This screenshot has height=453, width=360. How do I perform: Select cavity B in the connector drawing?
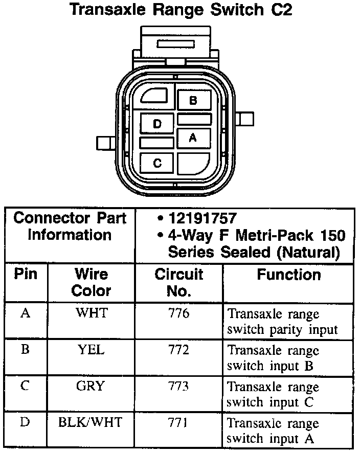[193, 100]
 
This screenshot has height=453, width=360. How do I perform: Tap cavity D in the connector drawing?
[157, 124]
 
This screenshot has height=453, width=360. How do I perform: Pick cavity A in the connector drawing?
[193, 137]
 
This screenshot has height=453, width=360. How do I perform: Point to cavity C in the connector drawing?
[157, 163]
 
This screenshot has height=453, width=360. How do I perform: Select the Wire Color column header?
[92, 282]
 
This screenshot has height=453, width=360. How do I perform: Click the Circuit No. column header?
[179, 282]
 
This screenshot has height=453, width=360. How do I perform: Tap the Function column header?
[289, 275]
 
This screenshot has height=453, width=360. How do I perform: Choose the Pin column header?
[26, 275]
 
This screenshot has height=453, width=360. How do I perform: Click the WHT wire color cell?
[92, 313]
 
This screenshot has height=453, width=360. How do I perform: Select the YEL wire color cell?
[92, 350]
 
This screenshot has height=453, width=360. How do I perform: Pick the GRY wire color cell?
[91, 386]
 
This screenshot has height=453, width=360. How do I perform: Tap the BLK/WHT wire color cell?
[92, 422]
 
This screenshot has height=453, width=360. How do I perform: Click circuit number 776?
[178, 313]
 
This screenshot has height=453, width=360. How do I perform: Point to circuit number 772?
[178, 350]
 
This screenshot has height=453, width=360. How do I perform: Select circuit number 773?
[178, 386]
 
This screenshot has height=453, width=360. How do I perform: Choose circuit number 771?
[178, 422]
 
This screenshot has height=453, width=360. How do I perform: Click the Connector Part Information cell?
[70, 227]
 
